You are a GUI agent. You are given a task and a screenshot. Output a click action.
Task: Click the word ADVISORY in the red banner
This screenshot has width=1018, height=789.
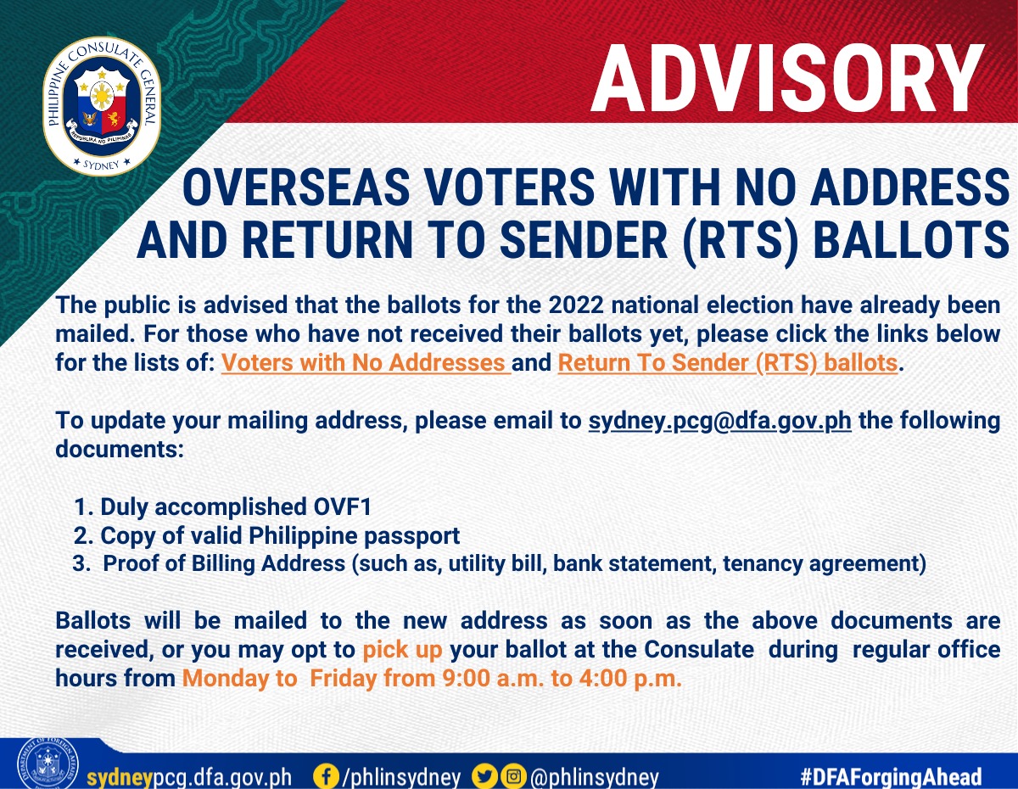tap(787, 78)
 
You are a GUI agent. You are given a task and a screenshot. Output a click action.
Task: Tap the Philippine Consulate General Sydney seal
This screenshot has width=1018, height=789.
tap(102, 107)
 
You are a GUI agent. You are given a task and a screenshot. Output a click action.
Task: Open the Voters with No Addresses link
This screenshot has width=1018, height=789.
tap(366, 362)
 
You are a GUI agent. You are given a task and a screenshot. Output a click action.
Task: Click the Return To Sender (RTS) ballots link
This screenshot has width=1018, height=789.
tap(728, 362)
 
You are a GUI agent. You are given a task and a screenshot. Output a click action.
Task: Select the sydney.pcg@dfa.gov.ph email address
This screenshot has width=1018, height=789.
tap(720, 421)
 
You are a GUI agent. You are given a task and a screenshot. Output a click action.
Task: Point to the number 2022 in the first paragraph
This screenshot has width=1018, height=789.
tap(576, 305)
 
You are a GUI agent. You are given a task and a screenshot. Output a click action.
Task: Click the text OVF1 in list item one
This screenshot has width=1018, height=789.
tap(343, 506)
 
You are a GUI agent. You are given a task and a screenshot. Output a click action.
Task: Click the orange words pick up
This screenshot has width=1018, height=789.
tap(402, 650)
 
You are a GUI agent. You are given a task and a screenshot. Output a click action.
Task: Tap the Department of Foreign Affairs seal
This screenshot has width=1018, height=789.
tap(48, 764)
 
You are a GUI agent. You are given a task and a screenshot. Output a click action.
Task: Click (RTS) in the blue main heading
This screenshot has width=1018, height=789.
tap(741, 240)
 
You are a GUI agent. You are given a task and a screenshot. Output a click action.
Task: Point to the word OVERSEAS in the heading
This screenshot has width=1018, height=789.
tap(296, 187)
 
